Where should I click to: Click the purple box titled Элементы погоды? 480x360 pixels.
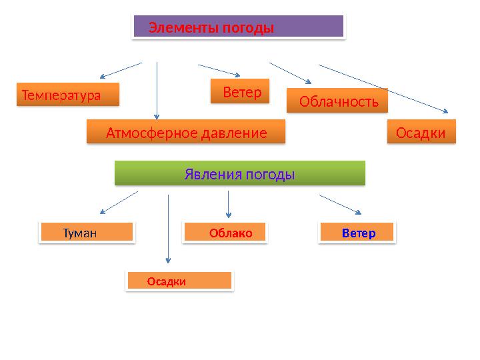[239, 27]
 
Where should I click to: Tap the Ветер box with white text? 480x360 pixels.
[240, 92]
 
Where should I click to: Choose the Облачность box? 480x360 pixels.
[337, 101]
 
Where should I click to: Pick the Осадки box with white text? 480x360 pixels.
[421, 133]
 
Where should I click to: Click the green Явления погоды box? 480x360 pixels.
[240, 174]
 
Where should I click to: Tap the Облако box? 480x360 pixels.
[225, 233]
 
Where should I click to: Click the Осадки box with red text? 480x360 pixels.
[179, 281]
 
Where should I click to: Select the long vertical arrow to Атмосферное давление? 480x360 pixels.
[157, 90]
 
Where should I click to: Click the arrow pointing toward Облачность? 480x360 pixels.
[290, 73]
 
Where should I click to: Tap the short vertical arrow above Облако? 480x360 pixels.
[229, 204]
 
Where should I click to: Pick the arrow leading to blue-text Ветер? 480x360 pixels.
[340, 205]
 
